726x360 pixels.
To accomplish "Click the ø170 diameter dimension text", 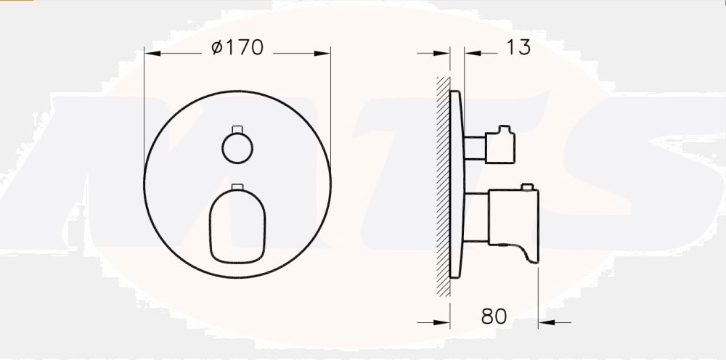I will (x=237, y=48).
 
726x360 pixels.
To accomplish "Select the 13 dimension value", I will (x=518, y=48).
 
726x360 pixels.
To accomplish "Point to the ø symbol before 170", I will (x=216, y=48).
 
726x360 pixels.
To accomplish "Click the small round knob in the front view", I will (x=237, y=148).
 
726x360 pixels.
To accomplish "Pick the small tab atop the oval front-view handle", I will (x=237, y=187).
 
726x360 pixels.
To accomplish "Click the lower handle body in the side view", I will (x=513, y=216).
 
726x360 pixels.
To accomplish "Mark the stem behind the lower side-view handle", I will (x=476, y=216).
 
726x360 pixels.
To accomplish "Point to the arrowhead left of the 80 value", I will (x=445, y=322).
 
